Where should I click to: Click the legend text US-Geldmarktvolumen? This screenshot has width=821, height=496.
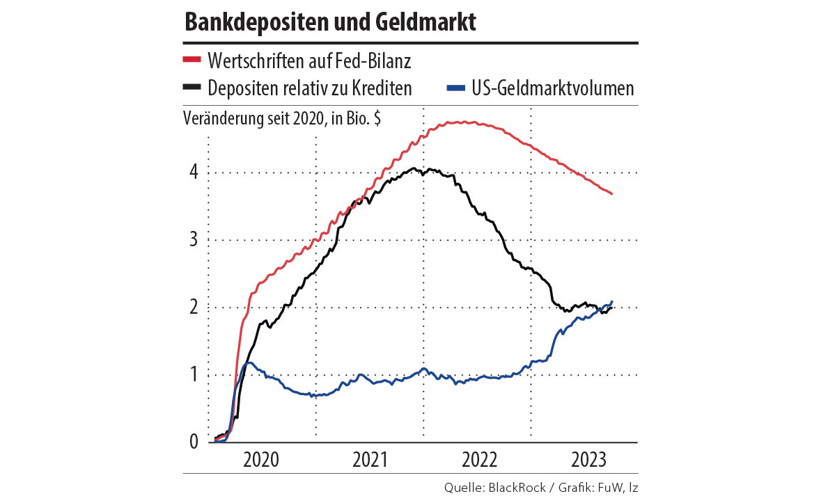[551, 88]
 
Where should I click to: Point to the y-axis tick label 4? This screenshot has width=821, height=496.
[194, 173]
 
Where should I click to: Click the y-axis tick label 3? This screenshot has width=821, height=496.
[194, 240]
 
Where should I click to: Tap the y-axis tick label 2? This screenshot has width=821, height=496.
[194, 307]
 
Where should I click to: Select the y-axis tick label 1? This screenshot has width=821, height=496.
[194, 375]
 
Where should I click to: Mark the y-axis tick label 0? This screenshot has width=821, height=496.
[194, 442]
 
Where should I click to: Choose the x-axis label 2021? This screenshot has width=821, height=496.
[370, 460]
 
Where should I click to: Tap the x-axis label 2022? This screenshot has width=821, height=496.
[478, 460]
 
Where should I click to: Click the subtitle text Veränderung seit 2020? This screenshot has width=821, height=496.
[255, 118]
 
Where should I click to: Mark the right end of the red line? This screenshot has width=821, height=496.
[612, 194]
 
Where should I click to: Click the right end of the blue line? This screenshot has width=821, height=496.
[612, 301]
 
